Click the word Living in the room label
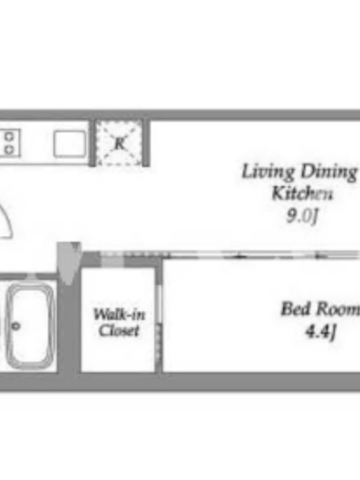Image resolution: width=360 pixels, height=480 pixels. pyautogui.click(x=268, y=172)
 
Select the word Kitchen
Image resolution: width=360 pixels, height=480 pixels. pyautogui.click(x=302, y=193)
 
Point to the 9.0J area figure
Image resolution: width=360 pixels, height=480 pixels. pyautogui.click(x=302, y=216)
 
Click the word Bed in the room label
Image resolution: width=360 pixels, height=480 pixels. pyautogui.click(x=296, y=308)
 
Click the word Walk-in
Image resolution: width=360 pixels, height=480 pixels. pyautogui.click(x=119, y=314)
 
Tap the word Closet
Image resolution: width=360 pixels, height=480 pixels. pyautogui.click(x=119, y=331)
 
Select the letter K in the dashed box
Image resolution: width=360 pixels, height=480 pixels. pyautogui.click(x=119, y=143)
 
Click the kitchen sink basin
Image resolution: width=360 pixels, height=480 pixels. pyautogui.click(x=70, y=144)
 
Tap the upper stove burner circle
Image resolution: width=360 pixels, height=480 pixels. pyautogui.click(x=10, y=136)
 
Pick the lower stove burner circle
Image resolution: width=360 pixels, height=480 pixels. pyautogui.click(x=10, y=149)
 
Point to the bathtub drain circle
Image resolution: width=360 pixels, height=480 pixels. pyautogui.click(x=16, y=326)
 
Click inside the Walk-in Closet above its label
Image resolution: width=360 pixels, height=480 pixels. pyautogui.click(x=118, y=288)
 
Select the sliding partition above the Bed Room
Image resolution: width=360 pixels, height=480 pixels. pyautogui.click(x=260, y=254)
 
